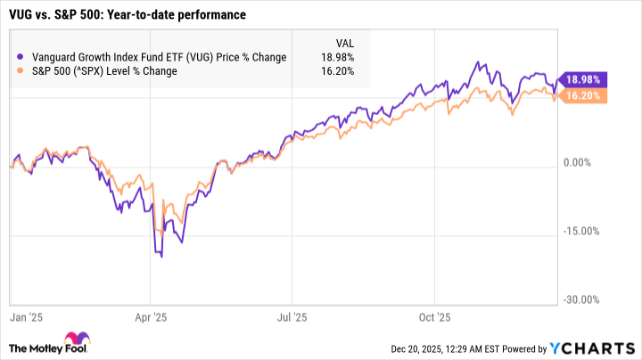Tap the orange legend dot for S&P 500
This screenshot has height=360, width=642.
[x=21, y=71]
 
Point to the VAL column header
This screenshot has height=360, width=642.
[x=342, y=42]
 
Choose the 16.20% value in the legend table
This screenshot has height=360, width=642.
[x=337, y=71]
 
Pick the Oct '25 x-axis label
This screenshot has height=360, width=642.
[x=433, y=315]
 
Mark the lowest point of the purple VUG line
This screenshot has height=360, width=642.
[x=161, y=257]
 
